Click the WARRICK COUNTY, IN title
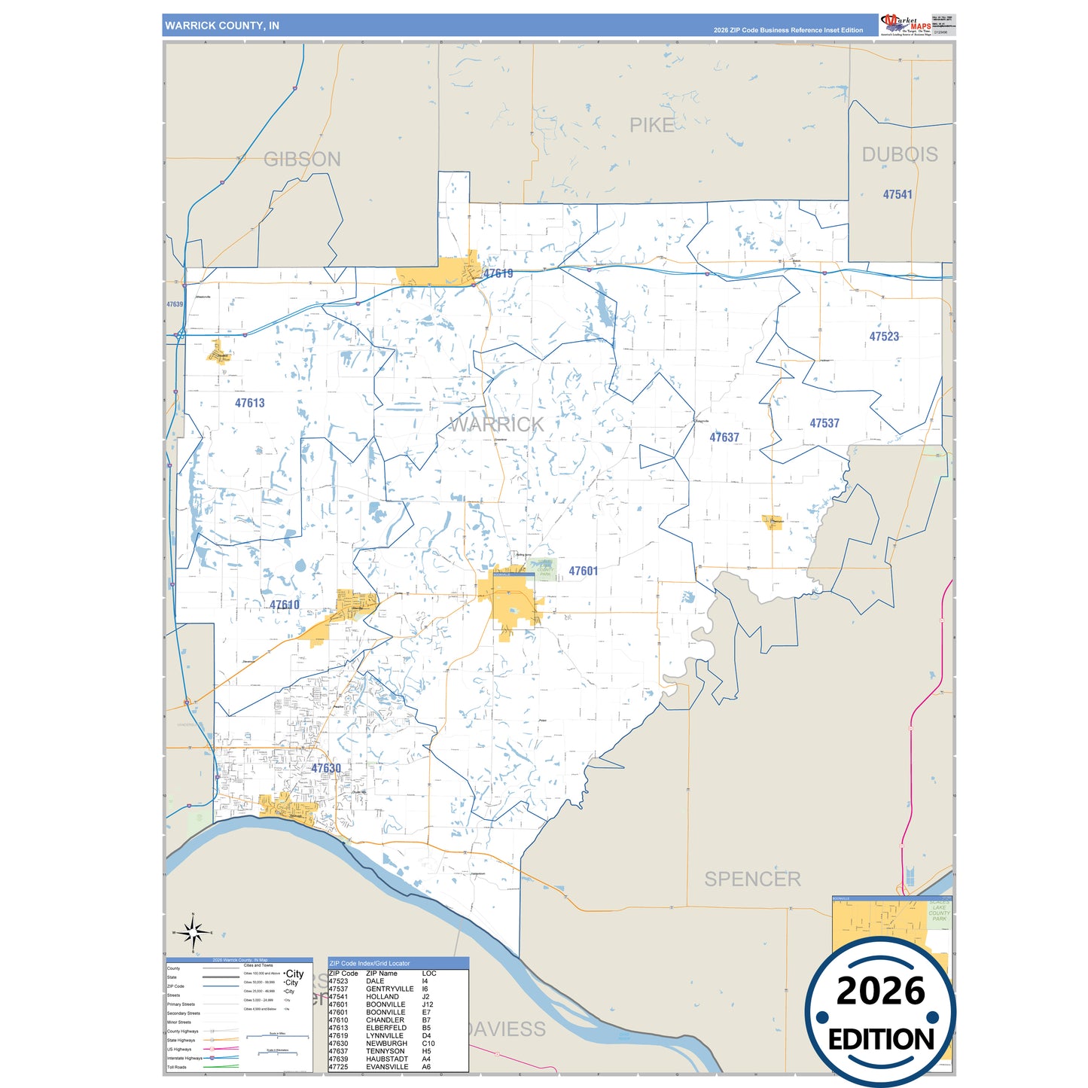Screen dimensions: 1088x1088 (x=222, y=26)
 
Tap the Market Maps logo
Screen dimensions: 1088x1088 (x=906, y=25)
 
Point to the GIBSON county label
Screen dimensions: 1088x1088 (x=302, y=160)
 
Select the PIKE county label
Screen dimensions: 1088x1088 (x=652, y=126)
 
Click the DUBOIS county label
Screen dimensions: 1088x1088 (x=900, y=154)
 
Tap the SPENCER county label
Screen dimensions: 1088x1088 (x=752, y=879)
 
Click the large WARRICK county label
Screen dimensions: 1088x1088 (x=497, y=425)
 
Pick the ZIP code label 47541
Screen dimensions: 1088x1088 (x=898, y=194)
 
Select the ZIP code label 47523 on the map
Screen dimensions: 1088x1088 (x=884, y=337)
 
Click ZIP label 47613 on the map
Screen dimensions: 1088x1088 (x=250, y=403)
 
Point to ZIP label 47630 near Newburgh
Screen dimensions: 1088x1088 (x=326, y=768)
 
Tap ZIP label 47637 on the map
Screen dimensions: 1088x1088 (x=724, y=437)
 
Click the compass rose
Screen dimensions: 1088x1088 (x=194, y=933)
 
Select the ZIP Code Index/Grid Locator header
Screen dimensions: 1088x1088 (x=370, y=963)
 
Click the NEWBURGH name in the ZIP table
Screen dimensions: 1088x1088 (x=386, y=1044)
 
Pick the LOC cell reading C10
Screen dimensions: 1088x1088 (x=428, y=1044)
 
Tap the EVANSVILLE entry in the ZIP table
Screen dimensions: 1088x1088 (x=387, y=1067)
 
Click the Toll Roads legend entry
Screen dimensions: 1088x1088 (x=177, y=1067)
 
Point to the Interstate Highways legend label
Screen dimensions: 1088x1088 (x=184, y=1058)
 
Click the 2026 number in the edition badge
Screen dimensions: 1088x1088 (x=880, y=991)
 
